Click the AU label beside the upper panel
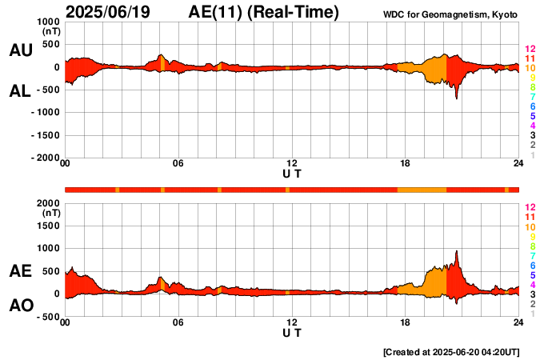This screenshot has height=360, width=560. tap(20, 50)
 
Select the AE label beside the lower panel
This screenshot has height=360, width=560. tap(20, 272)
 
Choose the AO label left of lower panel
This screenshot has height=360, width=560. tap(20, 305)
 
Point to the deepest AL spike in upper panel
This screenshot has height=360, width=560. tap(457, 98)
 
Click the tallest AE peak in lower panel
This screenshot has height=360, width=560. tap(457, 251)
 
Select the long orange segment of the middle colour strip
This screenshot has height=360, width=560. tap(422, 189)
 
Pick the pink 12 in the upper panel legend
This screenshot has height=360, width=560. tap(530, 49)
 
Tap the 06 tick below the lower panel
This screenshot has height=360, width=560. tap(178, 322)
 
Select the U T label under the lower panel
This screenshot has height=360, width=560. tap(292, 332)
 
